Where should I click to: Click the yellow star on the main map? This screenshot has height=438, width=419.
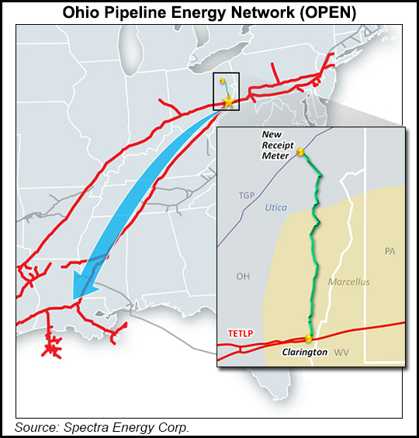[x=228, y=102]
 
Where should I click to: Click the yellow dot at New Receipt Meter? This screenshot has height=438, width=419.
[x=300, y=153]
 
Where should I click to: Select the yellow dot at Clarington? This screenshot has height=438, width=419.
[x=309, y=339]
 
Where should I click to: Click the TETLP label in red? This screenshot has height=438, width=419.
[x=241, y=334]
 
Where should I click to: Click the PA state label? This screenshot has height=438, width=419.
[x=390, y=251]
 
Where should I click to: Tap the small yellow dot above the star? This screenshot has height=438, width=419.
[x=223, y=81]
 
